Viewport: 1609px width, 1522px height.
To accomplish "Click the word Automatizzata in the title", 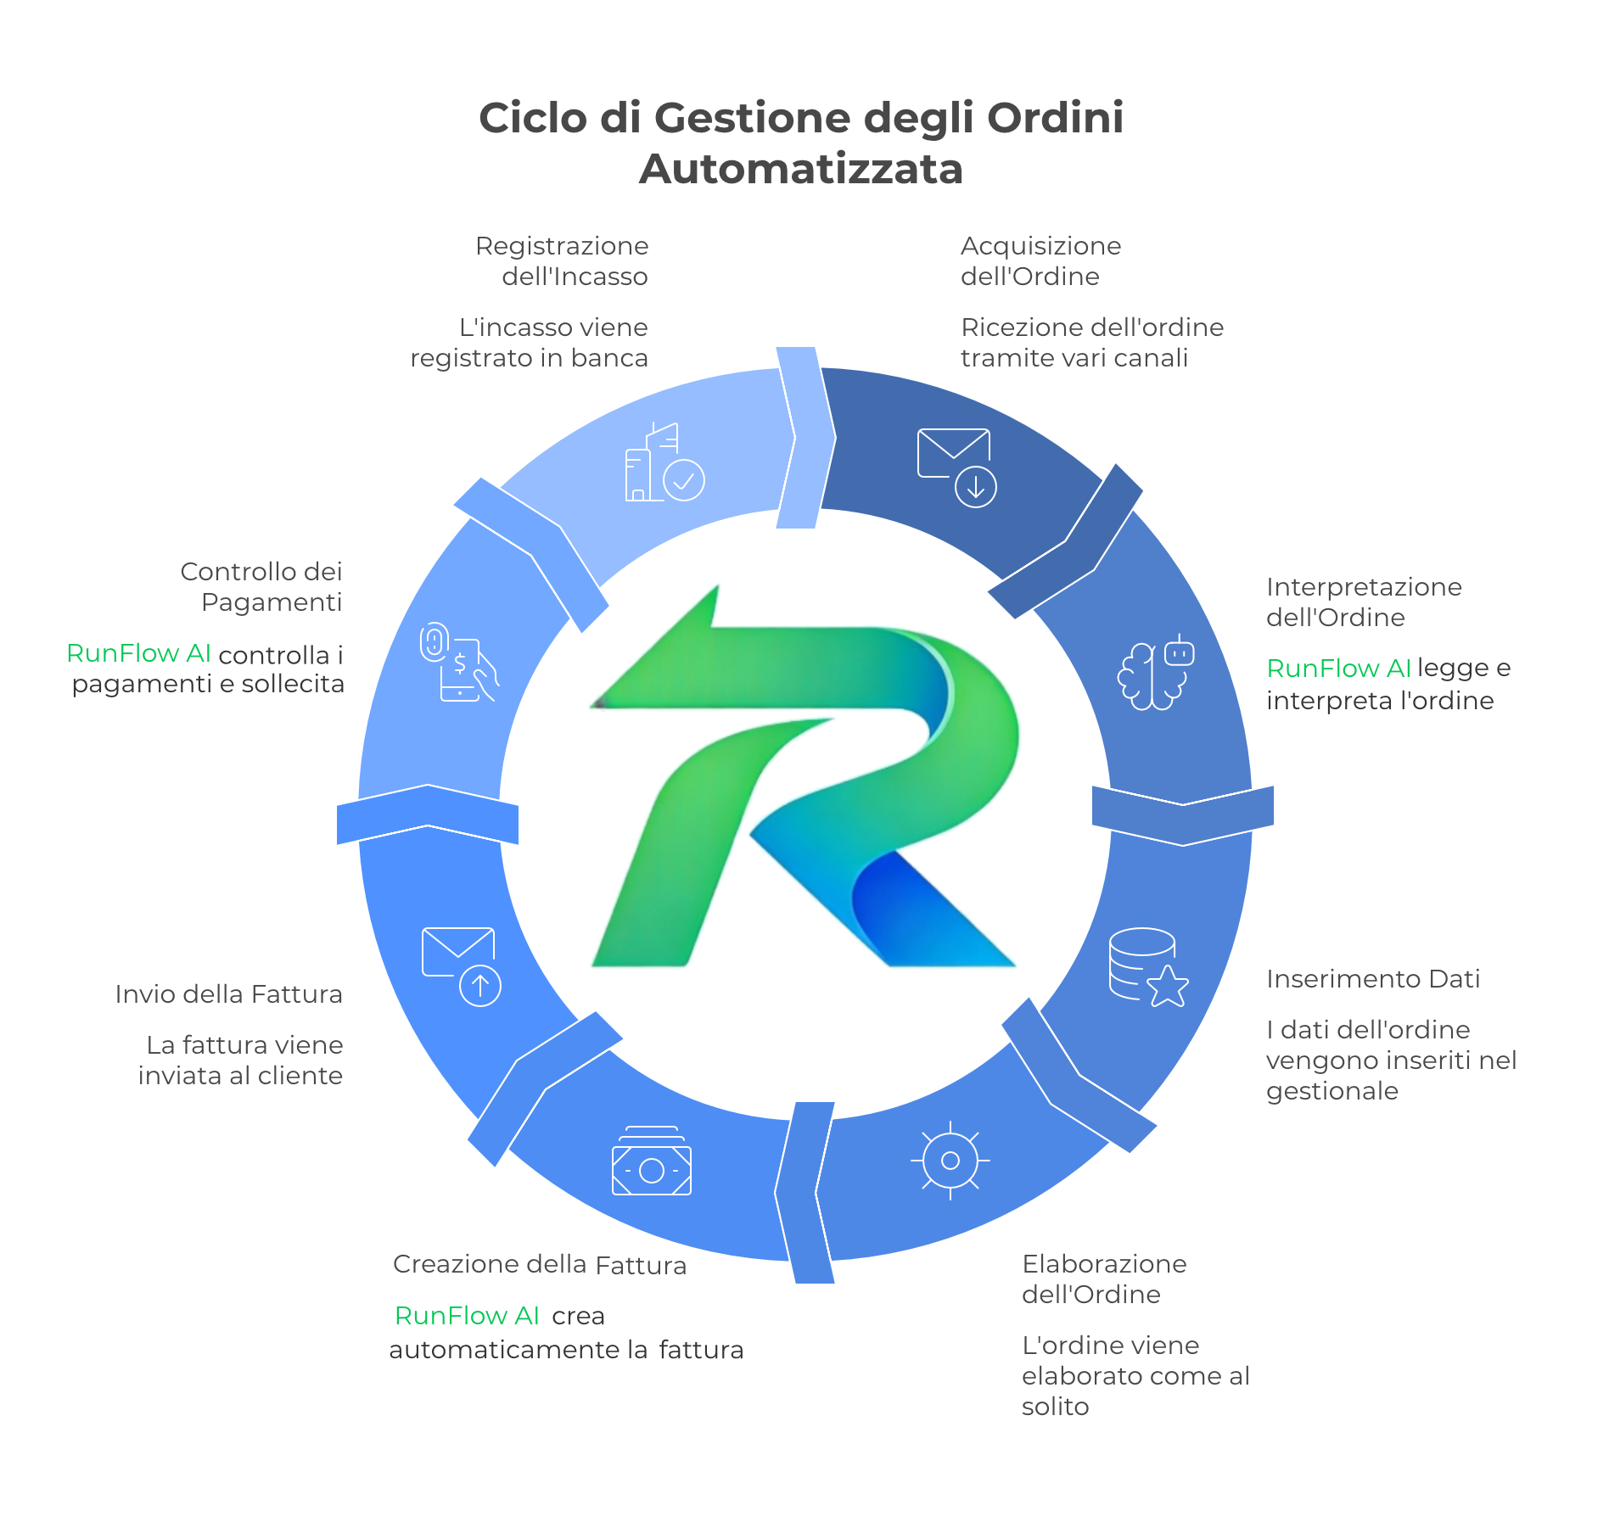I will pos(801,169).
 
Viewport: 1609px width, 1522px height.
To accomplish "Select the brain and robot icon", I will pos(1155,672).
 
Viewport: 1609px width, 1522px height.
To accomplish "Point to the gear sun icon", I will pos(950,1160).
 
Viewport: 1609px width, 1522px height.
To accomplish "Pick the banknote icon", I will pos(652,1163).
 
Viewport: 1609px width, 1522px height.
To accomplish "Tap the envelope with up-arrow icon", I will pos(461,965).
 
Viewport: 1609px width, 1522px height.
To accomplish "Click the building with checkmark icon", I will pos(664,464).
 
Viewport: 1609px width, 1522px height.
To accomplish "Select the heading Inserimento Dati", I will pos(1372,979).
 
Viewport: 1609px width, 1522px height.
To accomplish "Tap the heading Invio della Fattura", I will pos(228,994).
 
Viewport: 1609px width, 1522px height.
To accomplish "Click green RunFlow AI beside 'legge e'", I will pos(1338,669).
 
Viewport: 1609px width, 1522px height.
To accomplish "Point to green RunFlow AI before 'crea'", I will pos(467,1316).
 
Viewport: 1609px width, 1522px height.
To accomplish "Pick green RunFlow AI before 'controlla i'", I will pos(138,653).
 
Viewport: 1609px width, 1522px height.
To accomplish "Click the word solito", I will pos(1055,1407).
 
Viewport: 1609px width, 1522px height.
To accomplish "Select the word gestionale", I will pos(1331,1091).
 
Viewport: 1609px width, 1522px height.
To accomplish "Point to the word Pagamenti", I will pos(272,602).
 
